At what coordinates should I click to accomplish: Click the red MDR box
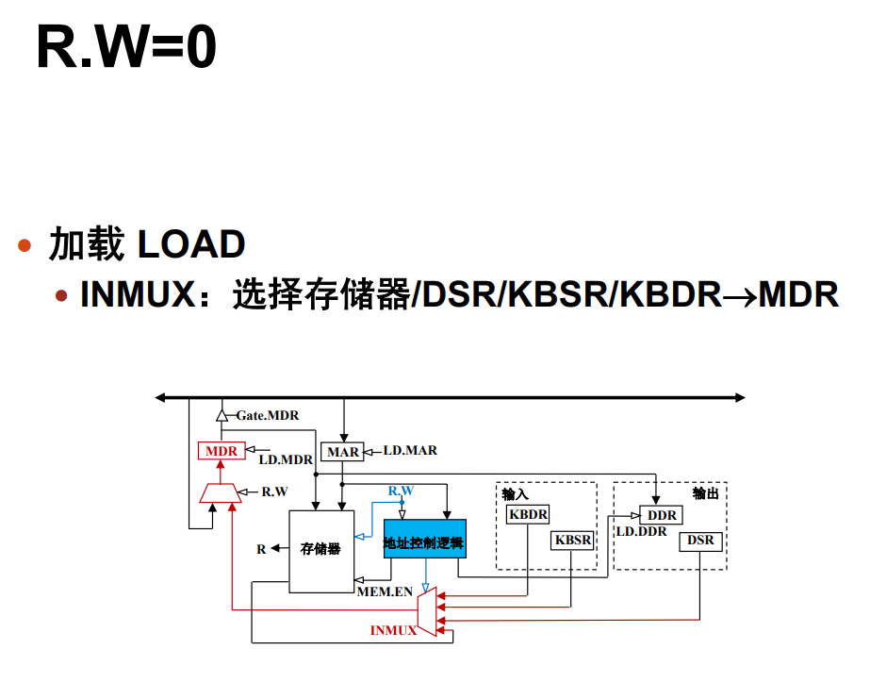coord(222,451)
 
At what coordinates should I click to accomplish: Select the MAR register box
coord(342,452)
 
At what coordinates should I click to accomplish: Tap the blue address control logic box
coord(424,543)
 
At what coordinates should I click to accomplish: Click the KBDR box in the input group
coord(528,514)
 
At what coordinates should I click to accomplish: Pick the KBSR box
coord(572,540)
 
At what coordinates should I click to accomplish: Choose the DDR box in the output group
coord(662,515)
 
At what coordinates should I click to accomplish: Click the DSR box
coord(700,541)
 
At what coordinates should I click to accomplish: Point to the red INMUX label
coord(393,630)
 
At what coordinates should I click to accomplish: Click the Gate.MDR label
coord(268,415)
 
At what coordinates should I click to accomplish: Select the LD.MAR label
coord(410,451)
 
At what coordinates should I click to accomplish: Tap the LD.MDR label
coord(286,460)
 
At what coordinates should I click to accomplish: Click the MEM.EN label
coord(385,592)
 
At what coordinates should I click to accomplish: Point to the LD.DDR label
coord(641,532)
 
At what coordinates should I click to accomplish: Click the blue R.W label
coord(402,491)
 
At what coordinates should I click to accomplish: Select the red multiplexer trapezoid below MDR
coord(222,492)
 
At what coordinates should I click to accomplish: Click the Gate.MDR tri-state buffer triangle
coord(222,414)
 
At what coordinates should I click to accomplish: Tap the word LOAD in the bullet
coord(191,245)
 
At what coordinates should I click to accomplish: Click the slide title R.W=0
coord(126,48)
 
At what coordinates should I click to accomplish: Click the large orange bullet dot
coord(26,246)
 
